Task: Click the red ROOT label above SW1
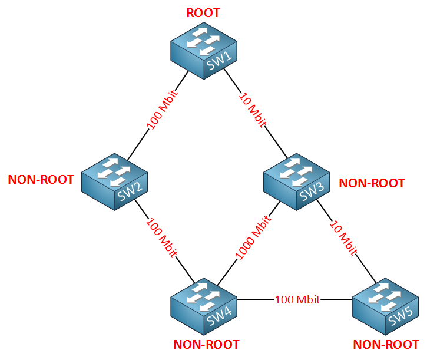(203, 13)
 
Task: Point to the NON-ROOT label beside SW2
(41, 180)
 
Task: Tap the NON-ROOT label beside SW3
(372, 183)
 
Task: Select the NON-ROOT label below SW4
(206, 345)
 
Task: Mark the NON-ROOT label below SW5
(386, 345)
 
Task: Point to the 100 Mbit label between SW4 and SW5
(297, 300)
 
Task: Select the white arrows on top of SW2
(111, 168)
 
